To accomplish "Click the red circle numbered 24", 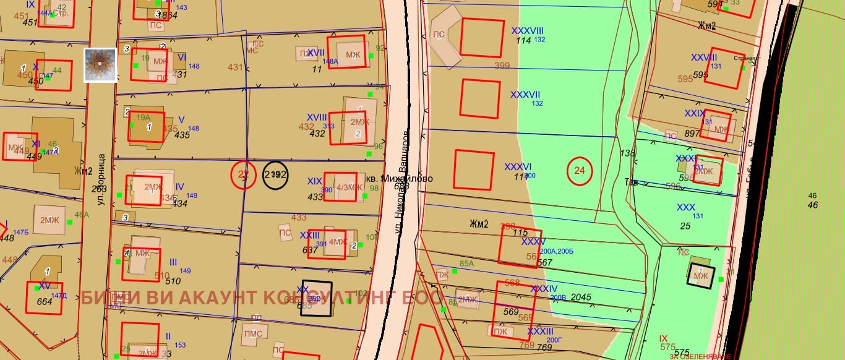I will [x=580, y=171].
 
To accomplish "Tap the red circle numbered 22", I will [x=244, y=175].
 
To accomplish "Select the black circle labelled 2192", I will [x=275, y=175].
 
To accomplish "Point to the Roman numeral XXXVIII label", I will [x=527, y=30].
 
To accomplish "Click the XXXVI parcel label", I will [x=518, y=167].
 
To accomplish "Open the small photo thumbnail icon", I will [x=100, y=65].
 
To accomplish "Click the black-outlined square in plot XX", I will [x=316, y=299].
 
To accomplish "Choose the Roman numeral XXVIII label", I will [x=704, y=58].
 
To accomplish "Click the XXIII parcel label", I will [x=309, y=235].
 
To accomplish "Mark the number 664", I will [x=45, y=302].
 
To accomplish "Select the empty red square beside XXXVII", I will [x=479, y=98].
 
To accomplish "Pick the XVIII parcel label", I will [x=317, y=117].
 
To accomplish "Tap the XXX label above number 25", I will [x=685, y=207].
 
